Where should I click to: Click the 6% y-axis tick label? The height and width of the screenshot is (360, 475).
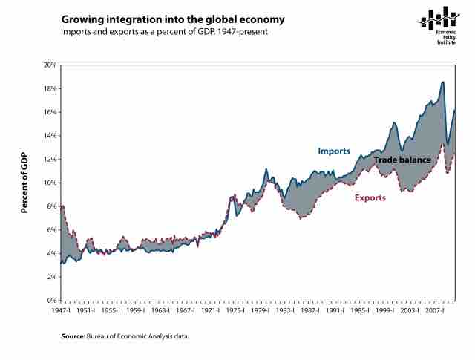pos(50,230)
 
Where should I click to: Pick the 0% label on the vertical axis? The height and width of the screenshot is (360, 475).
pos(50,301)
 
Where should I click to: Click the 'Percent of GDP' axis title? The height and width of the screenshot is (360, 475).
pos(24,183)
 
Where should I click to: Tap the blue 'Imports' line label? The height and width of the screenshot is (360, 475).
pos(334,151)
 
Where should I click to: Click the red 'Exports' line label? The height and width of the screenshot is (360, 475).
pos(370,198)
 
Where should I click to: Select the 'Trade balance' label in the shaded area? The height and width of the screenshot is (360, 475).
pos(402,160)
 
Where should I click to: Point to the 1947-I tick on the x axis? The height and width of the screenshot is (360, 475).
pos(61,311)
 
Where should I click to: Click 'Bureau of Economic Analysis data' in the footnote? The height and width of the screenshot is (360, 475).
pos(140,336)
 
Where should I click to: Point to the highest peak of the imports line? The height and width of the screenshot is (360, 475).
pos(443,82)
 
